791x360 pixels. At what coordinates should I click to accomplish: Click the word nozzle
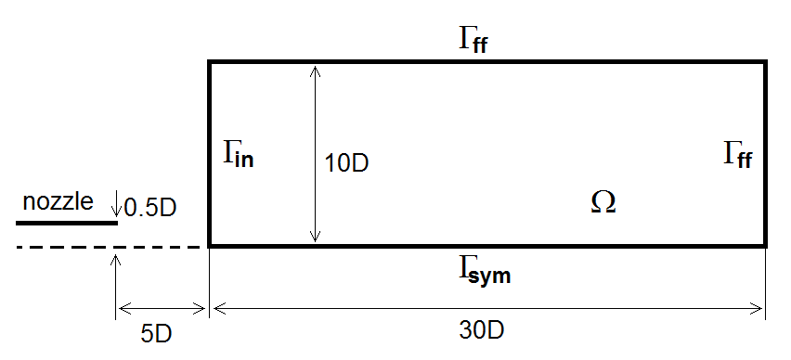click(x=58, y=202)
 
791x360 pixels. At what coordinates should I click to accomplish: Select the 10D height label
click(x=346, y=164)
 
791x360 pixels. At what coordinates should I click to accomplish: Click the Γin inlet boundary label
click(x=239, y=155)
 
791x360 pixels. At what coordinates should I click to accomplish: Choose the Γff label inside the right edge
click(x=738, y=155)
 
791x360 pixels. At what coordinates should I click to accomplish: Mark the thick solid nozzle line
click(x=67, y=223)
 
